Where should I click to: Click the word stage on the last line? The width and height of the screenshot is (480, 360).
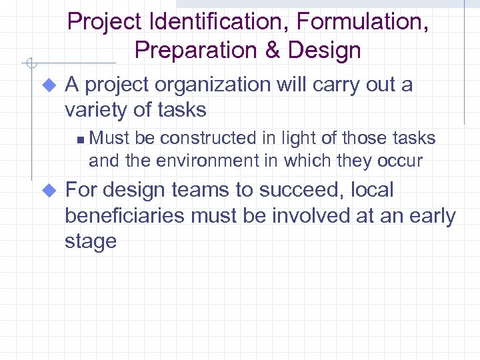click(91, 241)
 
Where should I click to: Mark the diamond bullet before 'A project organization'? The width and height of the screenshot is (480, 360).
click(47, 85)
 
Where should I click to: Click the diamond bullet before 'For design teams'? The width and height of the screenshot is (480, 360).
click(47, 191)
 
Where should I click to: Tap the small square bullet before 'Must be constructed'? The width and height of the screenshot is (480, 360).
click(79, 139)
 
